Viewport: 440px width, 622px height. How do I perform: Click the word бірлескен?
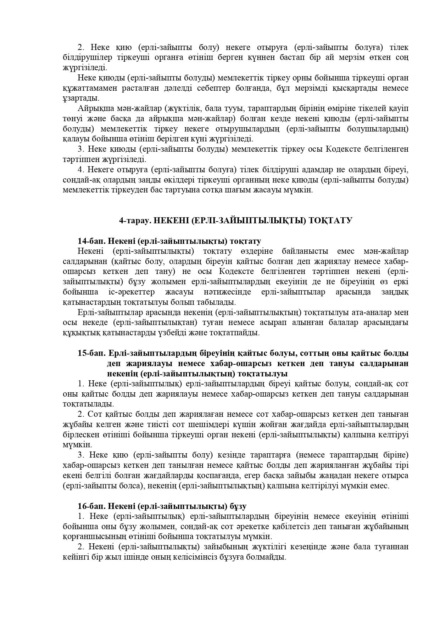[80, 435]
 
